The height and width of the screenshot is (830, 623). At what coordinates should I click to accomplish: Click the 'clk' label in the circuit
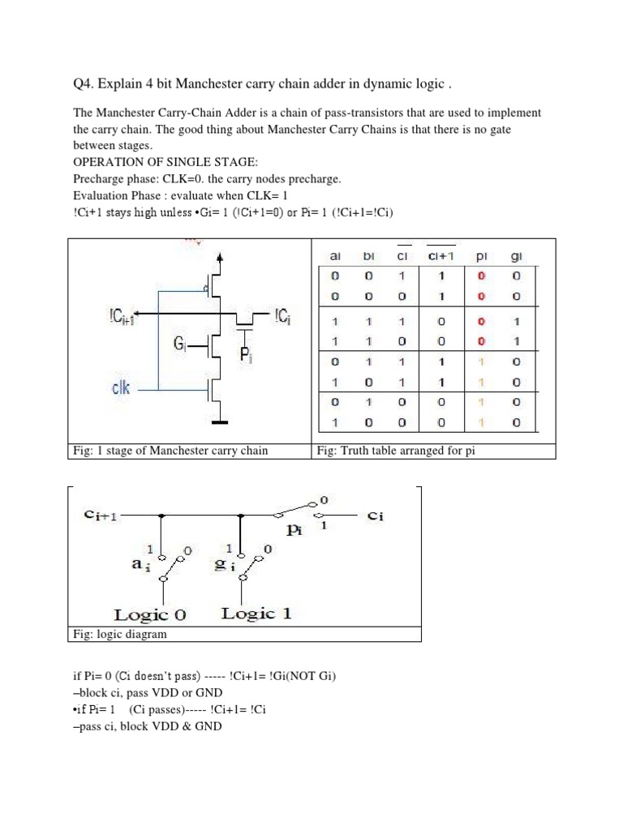pyautogui.click(x=120, y=388)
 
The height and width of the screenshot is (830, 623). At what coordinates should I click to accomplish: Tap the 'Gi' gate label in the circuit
pyautogui.click(x=181, y=344)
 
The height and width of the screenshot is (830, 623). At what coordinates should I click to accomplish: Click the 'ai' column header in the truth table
pyautogui.click(x=336, y=256)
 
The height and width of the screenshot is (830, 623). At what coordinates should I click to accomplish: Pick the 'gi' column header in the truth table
pyautogui.click(x=516, y=257)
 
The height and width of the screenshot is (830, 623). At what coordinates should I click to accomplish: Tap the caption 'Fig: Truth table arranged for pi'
pyautogui.click(x=395, y=451)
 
